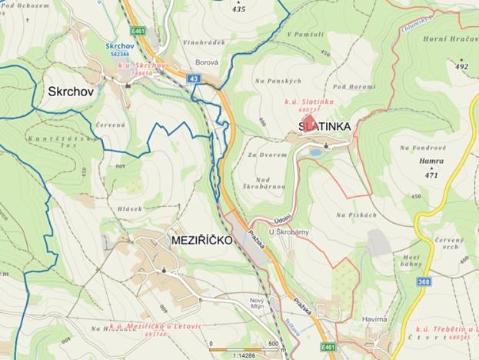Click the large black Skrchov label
[71, 92]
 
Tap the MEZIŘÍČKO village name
[197, 241]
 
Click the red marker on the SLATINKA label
[308, 126]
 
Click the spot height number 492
[461, 67]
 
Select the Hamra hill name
[431, 162]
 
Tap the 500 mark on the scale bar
[273, 343]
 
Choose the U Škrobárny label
[284, 231]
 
